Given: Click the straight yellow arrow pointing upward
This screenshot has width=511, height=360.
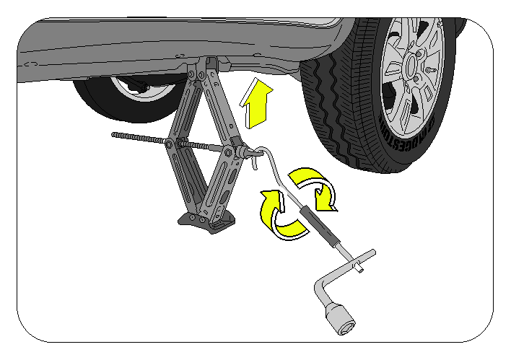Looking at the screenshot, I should click(258, 105).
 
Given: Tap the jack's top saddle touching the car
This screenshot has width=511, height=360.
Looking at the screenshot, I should click(209, 65).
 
